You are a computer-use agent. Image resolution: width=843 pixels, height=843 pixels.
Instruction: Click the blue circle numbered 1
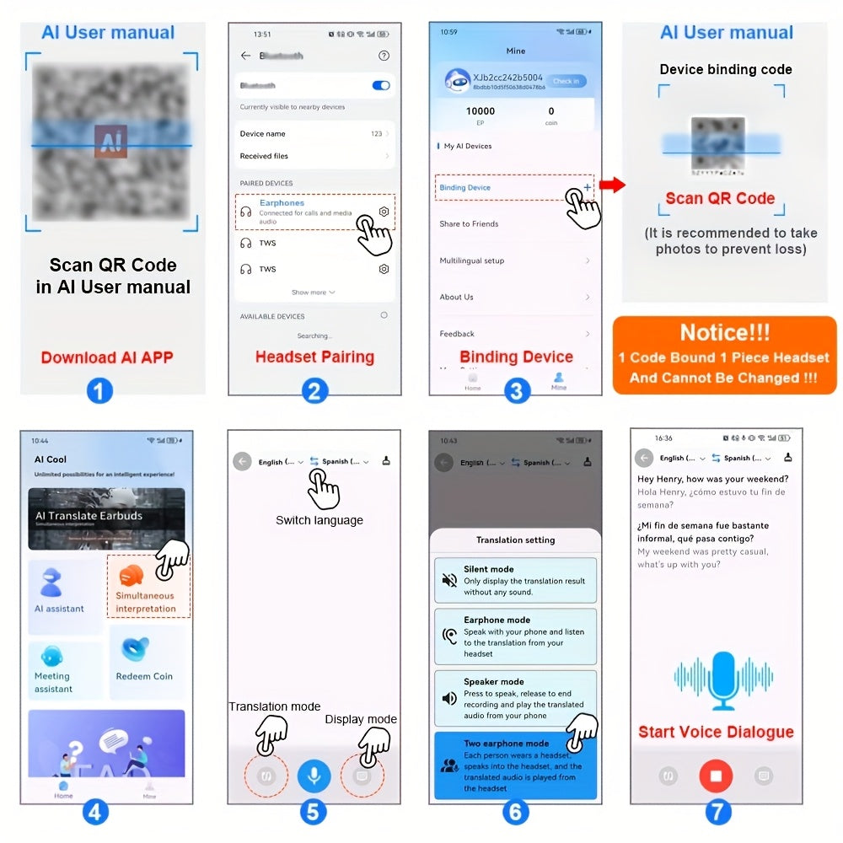(100, 390)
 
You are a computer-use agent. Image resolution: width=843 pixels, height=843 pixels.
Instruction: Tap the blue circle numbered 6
(515, 812)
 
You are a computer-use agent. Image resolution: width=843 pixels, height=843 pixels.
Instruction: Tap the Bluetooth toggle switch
(380, 85)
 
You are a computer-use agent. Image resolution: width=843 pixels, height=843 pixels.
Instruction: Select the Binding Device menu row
(513, 187)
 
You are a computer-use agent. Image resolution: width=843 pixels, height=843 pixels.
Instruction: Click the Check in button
(566, 81)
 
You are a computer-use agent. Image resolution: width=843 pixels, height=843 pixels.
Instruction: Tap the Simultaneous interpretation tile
(147, 587)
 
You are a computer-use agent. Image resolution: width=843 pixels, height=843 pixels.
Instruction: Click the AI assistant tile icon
(52, 583)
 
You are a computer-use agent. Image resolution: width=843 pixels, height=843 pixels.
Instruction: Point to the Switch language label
(319, 520)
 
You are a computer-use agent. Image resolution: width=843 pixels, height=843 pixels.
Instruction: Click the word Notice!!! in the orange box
(725, 332)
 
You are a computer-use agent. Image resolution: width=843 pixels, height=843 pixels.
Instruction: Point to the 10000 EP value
(481, 111)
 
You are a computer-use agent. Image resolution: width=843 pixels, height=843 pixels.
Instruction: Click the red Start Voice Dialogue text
(716, 732)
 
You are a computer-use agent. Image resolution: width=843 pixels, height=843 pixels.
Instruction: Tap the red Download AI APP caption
(107, 357)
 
